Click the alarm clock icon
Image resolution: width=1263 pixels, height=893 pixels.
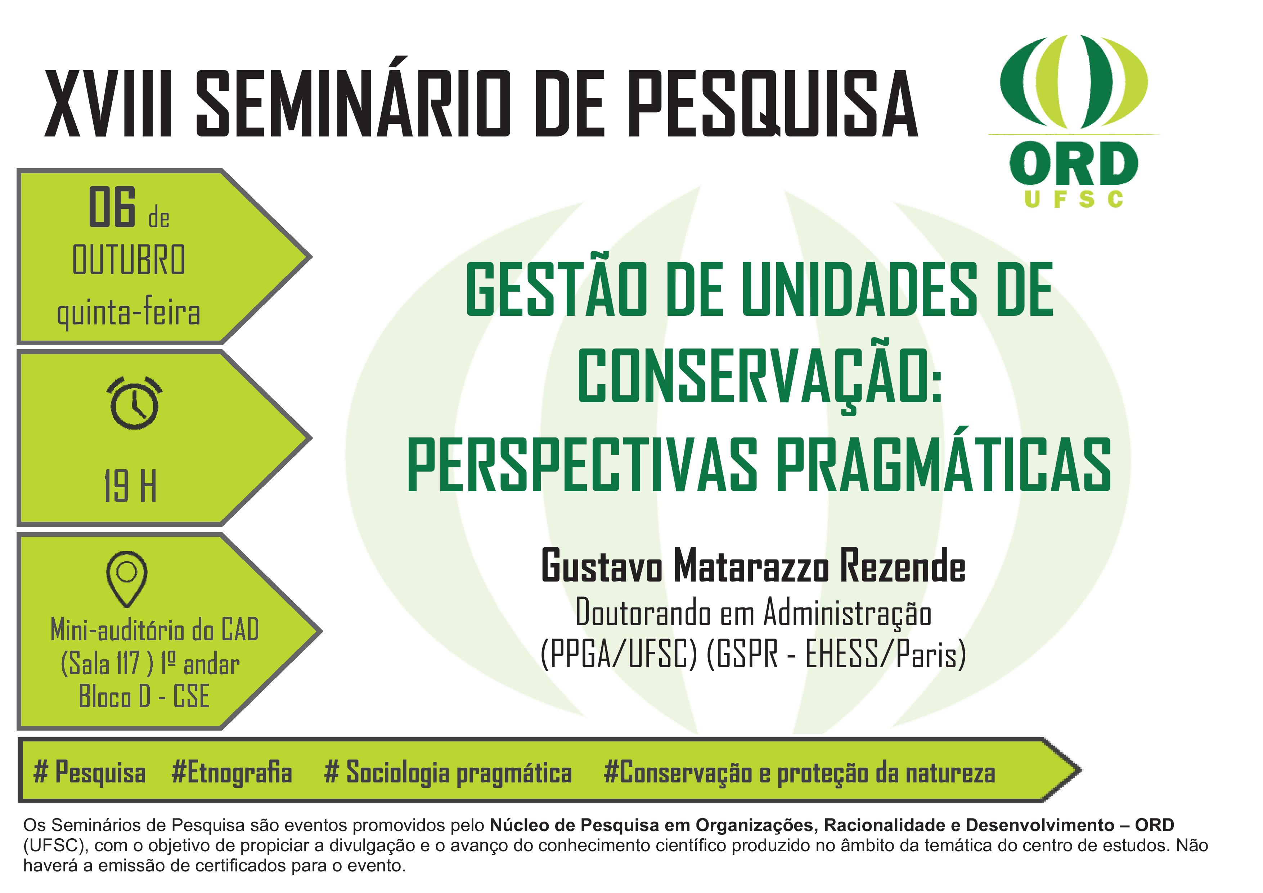(134, 402)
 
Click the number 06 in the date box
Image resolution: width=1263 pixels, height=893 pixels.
(112, 207)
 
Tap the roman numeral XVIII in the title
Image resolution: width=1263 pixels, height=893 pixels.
(109, 103)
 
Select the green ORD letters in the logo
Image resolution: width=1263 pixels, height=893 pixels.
(1073, 163)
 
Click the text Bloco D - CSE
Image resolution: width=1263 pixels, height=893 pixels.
(144, 696)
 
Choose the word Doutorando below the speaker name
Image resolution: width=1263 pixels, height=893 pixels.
(643, 612)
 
